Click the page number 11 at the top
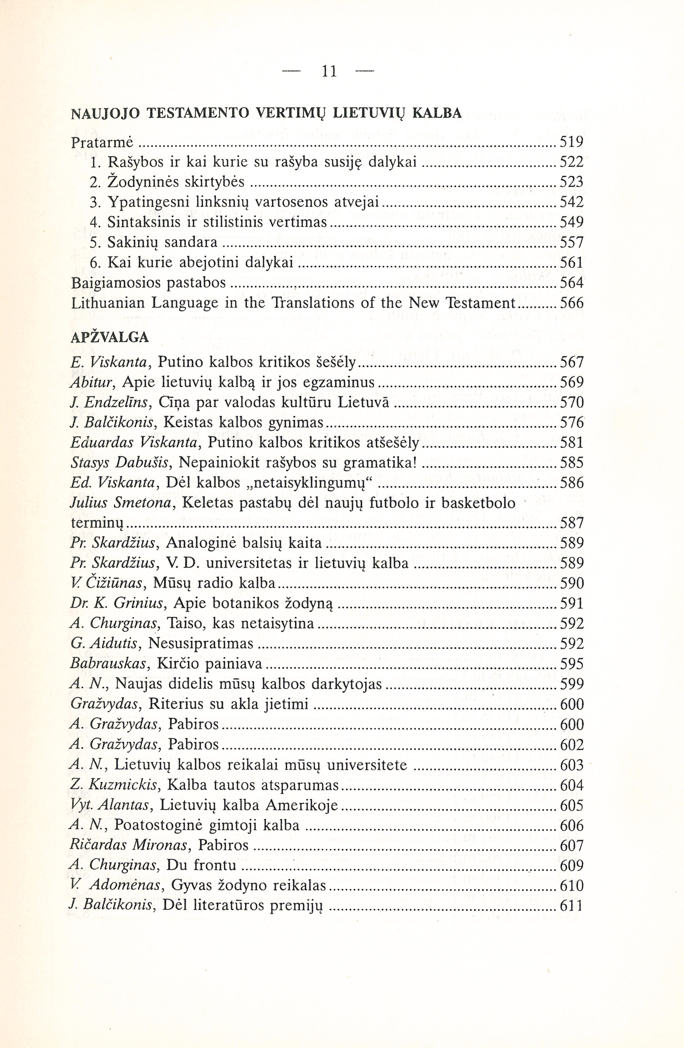point(329,71)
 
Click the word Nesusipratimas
point(201,644)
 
